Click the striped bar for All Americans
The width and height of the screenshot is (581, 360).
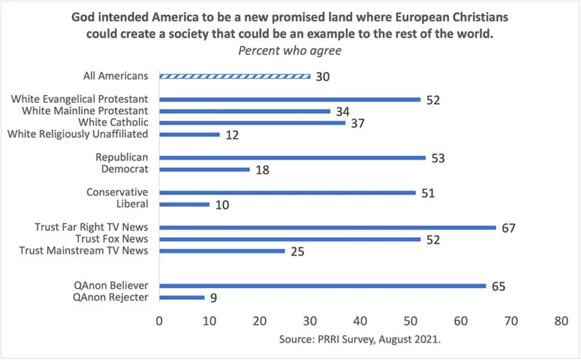coord(235,76)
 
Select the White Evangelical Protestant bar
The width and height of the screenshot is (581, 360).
coord(289,99)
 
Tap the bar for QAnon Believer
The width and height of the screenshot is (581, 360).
coord(323,285)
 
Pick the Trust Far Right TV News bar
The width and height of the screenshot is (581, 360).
coord(328,227)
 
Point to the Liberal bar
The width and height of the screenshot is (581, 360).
coord(184,204)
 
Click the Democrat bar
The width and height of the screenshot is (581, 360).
coord(204,169)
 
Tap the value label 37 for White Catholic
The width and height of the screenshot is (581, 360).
coord(359,123)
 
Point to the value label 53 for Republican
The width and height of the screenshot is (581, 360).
coord(439,158)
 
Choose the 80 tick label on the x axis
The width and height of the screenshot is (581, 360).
coord(561,318)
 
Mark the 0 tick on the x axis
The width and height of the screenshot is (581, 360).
coord(159,318)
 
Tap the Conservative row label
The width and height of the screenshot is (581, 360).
coord(117,192)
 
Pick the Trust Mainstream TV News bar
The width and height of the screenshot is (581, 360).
coord(222,250)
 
